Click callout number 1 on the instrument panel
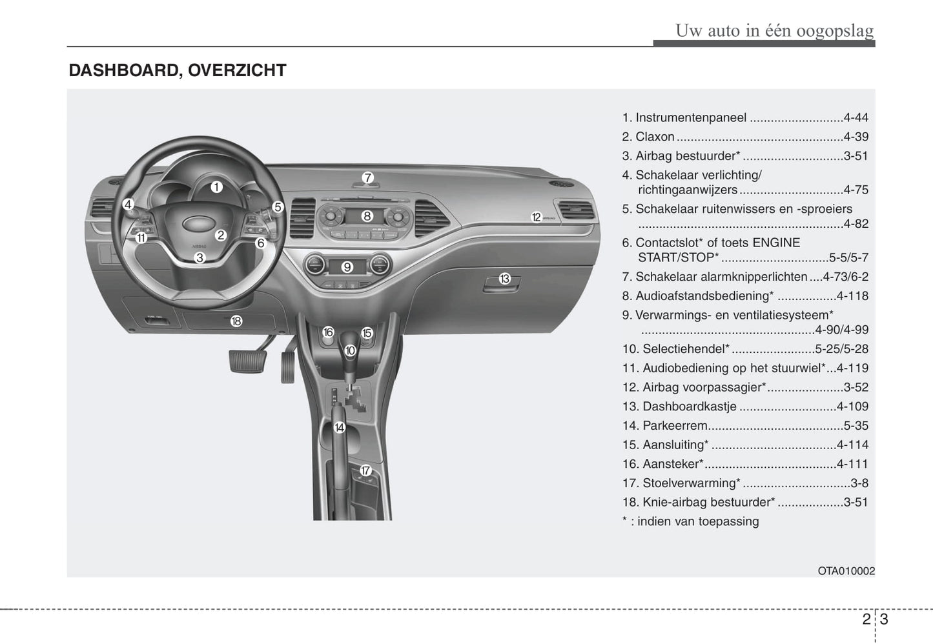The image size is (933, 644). coord(216,187)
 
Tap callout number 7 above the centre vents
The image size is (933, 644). coord(367,177)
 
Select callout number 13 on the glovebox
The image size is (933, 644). coord(504,279)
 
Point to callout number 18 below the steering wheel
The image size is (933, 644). coord(236,321)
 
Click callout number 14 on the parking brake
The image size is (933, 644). coord(340,427)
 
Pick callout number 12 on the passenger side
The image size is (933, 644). coord(537,217)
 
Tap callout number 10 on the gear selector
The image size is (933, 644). coord(350,351)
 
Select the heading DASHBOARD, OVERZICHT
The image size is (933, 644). coord(178,70)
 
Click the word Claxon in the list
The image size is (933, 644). coord(655,137)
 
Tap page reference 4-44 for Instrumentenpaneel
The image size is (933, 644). coord(856,117)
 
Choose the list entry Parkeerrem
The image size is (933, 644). coord(675,426)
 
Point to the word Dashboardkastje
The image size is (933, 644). coord(690,407)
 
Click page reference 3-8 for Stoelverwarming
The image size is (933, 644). coord(859,483)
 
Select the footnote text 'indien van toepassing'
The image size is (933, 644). coord(698,521)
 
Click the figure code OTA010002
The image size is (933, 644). coord(846,571)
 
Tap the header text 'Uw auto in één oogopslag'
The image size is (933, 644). coord(774,30)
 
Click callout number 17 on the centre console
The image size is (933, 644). coord(365,470)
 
